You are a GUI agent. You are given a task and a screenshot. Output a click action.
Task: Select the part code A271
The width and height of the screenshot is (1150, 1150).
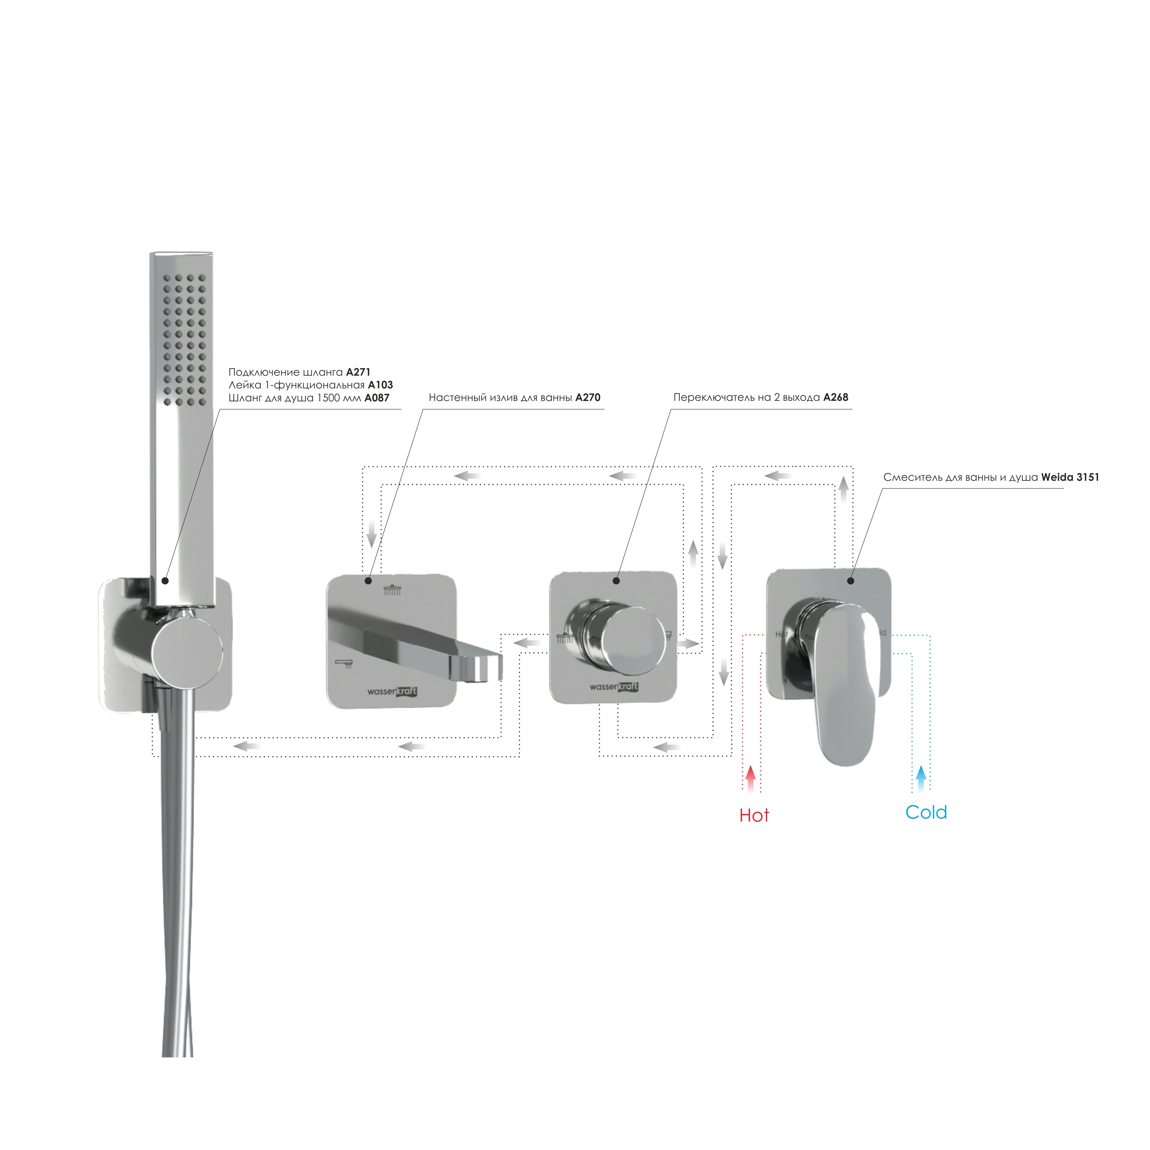click(358, 372)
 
